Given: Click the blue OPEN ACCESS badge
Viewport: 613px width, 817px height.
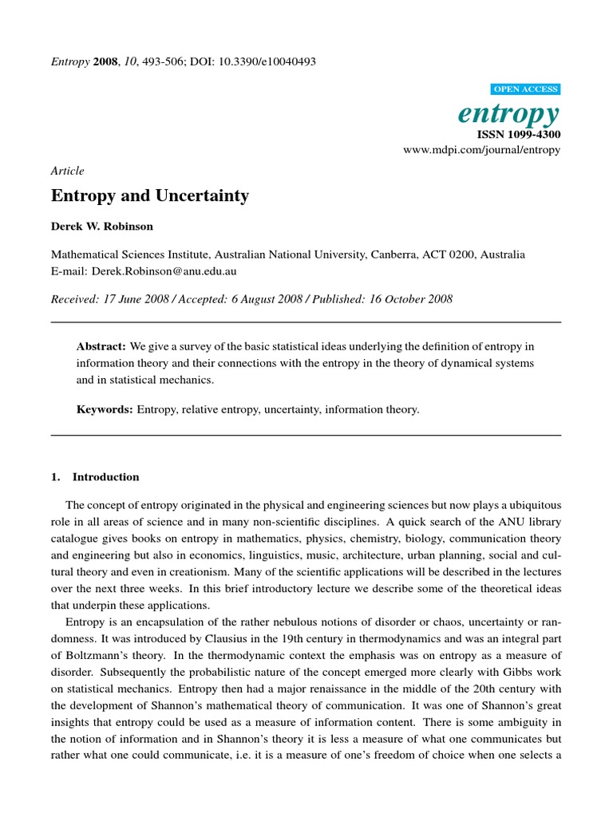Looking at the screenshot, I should pos(528,89).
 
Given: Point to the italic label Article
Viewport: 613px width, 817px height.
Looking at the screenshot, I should pos(67,171).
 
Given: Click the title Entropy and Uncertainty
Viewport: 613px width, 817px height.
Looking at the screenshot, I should pos(150,196).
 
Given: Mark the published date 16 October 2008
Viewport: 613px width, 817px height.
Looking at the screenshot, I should pos(409,299).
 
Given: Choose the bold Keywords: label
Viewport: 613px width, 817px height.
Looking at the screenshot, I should pos(105,409).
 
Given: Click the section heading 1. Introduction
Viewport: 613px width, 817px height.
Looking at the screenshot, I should pos(95,477).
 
